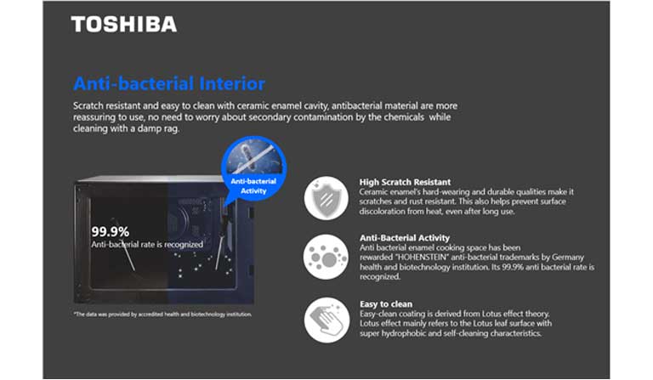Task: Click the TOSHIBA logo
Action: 123,24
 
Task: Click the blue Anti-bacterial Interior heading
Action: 169,83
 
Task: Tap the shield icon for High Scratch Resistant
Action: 326,198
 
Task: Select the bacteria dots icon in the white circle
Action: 326,257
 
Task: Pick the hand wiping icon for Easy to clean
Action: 326,320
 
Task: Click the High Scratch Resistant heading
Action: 405,182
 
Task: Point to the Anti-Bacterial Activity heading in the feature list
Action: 405,238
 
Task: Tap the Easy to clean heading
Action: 386,303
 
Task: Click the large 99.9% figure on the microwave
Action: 111,231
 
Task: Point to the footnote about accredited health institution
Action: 163,315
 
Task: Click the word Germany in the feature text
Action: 568,258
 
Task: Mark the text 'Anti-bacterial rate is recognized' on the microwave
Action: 147,244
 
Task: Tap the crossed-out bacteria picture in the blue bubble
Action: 253,156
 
